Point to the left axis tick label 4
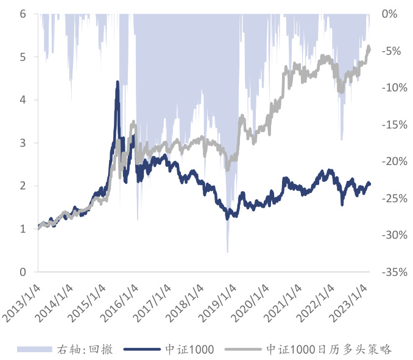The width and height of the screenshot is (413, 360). pos(23,100)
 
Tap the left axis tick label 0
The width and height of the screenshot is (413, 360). pos(23,272)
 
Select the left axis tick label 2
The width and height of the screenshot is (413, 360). pos(23,186)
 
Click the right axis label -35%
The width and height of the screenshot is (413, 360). pos(392,272)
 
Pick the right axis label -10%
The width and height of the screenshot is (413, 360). pos(392,88)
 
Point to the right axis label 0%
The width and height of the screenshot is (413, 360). pos(389,13)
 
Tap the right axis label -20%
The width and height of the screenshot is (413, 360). pos(392,161)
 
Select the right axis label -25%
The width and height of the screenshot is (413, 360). pos(392,199)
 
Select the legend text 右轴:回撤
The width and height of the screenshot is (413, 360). pos(89,349)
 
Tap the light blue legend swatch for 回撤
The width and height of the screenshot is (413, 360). pos(35,349)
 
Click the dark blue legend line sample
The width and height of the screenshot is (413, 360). pos(143,349)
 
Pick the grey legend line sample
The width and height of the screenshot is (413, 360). pos(244,349)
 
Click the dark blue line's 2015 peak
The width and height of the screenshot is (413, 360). pos(117,82)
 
